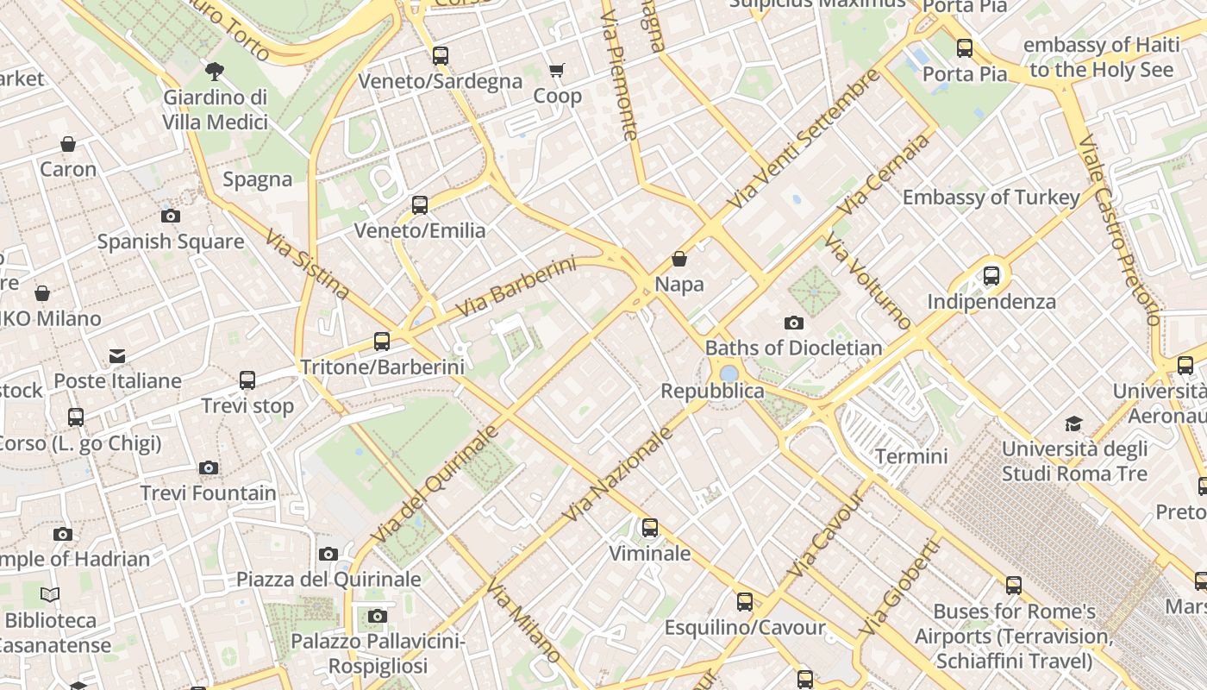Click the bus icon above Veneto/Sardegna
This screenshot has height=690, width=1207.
[x=441, y=56]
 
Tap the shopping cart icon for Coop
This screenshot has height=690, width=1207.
[x=557, y=70]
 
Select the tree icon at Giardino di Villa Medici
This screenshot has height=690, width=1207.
[x=215, y=71]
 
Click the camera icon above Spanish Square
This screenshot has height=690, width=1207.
[x=171, y=216]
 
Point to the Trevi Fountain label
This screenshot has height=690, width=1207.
[x=209, y=493]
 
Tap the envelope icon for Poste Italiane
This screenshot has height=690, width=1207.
[x=117, y=356]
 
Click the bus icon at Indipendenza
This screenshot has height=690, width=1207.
[x=991, y=276]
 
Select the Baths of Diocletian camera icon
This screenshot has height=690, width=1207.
[x=794, y=323]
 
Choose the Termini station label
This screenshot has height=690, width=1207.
[x=911, y=456]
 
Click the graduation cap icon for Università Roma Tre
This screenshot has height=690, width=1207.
[x=1073, y=423]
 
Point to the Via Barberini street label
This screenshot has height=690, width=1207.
[x=516, y=286]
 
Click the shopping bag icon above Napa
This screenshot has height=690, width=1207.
[x=679, y=259]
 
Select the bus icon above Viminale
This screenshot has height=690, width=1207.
[x=650, y=527]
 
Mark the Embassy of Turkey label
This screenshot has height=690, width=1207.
[x=991, y=198]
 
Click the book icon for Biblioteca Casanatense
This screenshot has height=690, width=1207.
[x=51, y=594]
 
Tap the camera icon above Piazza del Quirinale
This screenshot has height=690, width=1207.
[x=328, y=554]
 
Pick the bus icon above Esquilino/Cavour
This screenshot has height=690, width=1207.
[x=745, y=602]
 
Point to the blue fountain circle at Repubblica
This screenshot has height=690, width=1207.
[x=729, y=373]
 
